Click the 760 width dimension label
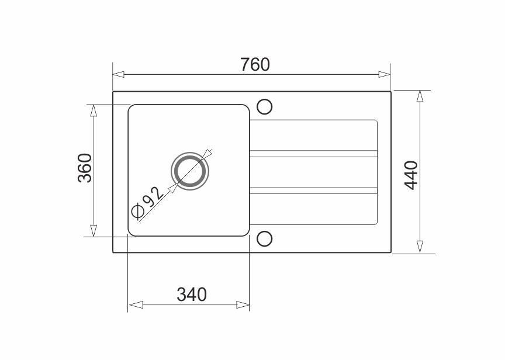(255, 64)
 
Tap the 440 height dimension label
(411, 175)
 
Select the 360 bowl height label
(85, 168)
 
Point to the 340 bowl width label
(192, 295)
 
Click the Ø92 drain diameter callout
(148, 202)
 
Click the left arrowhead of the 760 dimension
(118, 74)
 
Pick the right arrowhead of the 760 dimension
(385, 74)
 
